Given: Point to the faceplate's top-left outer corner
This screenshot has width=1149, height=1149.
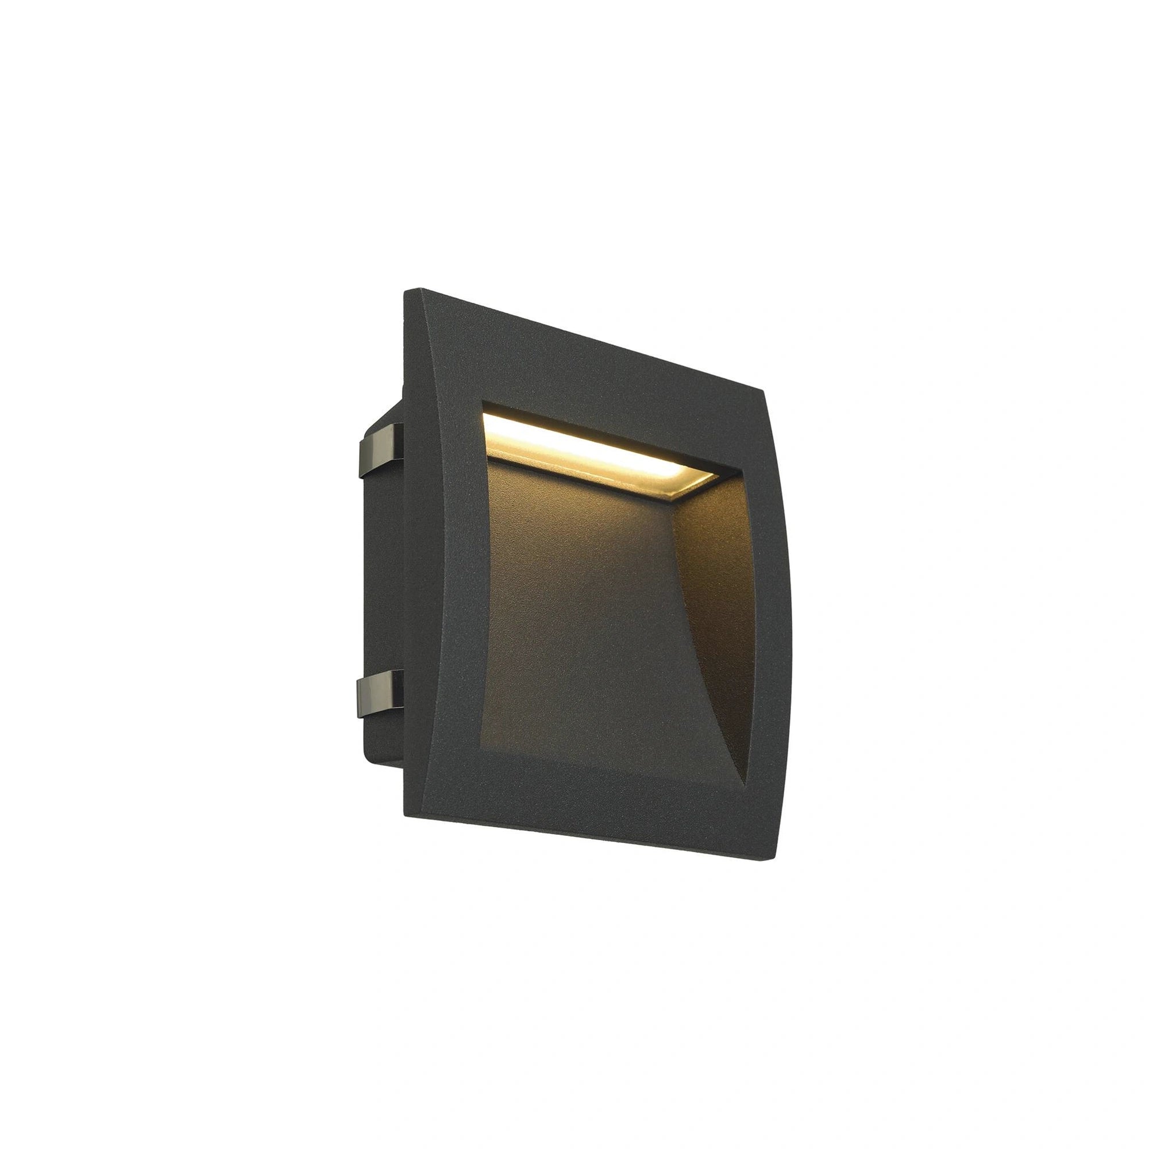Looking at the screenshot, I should click(x=406, y=291).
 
